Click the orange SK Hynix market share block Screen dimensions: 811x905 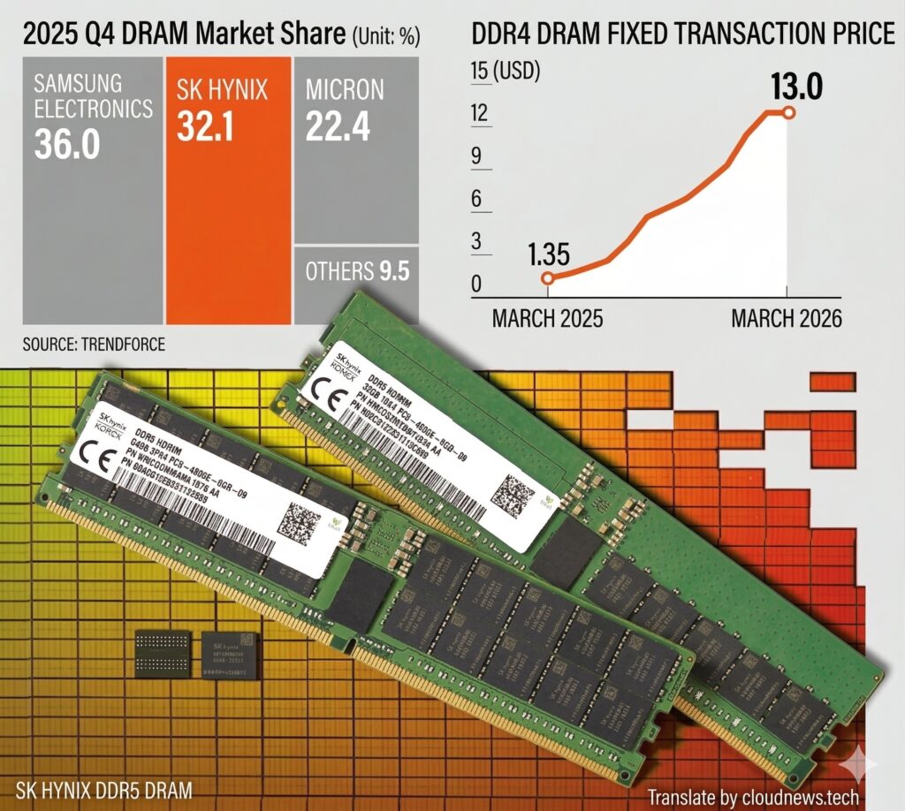228,190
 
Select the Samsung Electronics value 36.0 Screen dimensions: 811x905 67,144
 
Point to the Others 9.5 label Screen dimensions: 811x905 357,271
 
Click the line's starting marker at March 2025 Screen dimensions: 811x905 547,278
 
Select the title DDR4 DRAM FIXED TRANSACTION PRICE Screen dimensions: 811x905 683,35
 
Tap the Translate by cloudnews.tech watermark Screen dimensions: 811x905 752,797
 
